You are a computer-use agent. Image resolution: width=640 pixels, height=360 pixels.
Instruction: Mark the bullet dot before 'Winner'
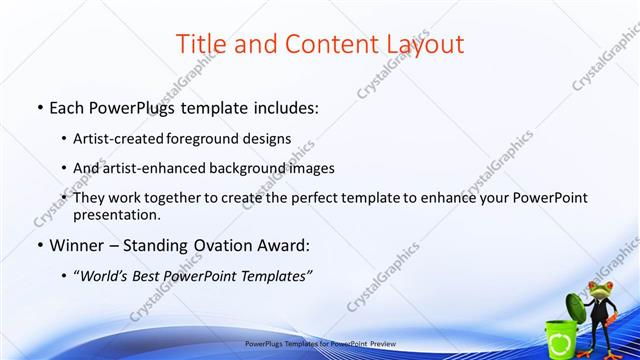pos(38,244)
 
